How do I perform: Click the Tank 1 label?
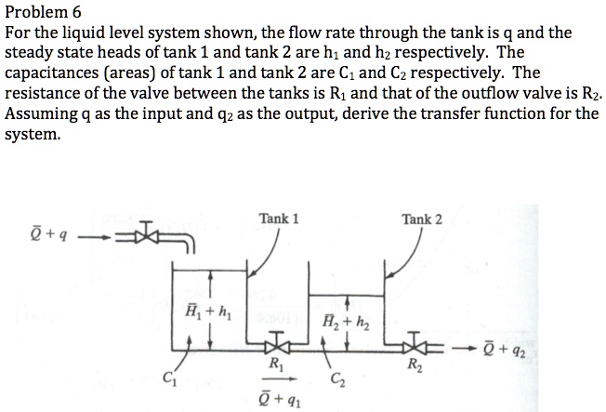point(279,219)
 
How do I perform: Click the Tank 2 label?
point(422,219)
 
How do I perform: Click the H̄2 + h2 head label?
point(336,323)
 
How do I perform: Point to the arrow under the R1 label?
point(276,379)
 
